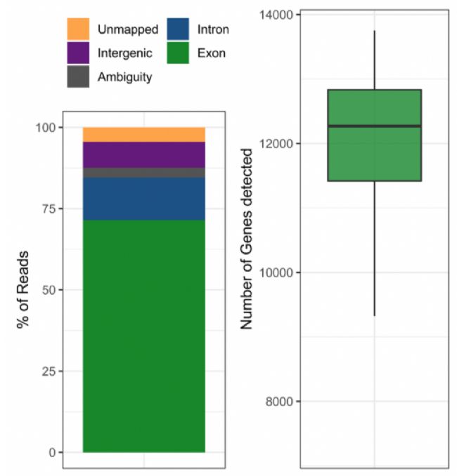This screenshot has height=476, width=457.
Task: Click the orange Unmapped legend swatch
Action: tap(78, 29)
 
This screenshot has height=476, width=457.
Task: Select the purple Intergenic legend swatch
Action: tap(78, 53)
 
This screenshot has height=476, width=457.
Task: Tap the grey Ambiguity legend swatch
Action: tap(78, 77)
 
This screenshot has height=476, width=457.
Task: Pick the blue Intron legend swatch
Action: tap(179, 29)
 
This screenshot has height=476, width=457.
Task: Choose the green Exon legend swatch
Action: tap(179, 53)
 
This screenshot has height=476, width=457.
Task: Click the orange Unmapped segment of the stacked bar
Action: tap(143, 134)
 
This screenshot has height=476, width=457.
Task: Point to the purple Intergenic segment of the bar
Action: tap(143, 154)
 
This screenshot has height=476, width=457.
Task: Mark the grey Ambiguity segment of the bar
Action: tap(143, 173)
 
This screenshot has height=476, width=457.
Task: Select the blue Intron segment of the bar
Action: tap(143, 199)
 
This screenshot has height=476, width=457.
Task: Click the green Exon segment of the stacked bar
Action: tap(143, 337)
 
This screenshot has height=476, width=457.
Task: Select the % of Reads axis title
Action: tap(23, 289)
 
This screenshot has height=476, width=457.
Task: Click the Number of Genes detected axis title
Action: tap(247, 239)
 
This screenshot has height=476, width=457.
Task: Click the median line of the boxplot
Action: tap(374, 126)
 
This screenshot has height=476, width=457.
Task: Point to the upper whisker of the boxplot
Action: tap(374, 60)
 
